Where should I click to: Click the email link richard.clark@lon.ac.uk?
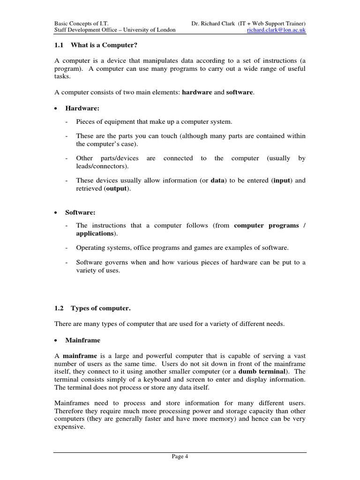tap(277, 30)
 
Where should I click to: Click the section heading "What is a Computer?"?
tap(104, 45)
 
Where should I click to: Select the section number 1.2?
tap(59, 308)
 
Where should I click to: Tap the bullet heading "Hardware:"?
tap(82, 108)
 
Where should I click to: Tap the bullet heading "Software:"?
tap(80, 212)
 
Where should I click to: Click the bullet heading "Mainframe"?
tap(82, 340)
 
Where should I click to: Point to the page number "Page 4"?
tap(180, 457)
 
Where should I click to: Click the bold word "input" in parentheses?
tap(282, 180)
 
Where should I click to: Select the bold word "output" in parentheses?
tap(118, 188)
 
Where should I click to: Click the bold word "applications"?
tap(95, 233)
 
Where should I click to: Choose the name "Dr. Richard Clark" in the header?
tap(213, 23)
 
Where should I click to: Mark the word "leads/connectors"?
tap(101, 166)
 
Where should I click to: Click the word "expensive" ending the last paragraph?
tap(68, 427)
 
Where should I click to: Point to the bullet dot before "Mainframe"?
tap(56, 340)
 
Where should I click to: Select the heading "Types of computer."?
tap(101, 308)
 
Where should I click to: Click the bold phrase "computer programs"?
tap(266, 225)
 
